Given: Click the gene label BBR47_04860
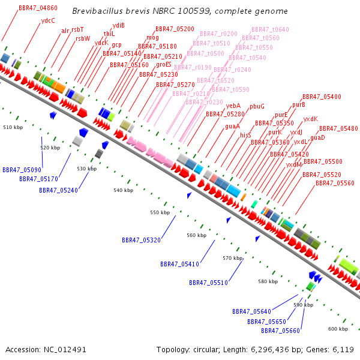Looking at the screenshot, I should point(38,8).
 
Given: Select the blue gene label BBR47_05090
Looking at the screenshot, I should point(22,170).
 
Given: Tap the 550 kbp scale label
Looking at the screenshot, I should point(160,213).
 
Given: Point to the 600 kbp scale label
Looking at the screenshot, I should point(338,329).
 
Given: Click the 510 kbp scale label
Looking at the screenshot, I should point(13,128).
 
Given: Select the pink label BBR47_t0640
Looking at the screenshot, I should point(270,29).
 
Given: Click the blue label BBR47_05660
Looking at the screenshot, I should point(280,331).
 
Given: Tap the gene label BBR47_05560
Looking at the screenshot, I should point(335,183).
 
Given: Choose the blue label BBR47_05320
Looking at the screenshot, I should point(141,240).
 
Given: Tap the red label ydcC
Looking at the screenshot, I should point(48,20).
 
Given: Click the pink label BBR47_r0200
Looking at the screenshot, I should point(218,34).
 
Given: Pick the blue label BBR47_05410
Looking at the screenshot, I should point(179,264).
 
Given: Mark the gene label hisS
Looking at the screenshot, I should point(245,136).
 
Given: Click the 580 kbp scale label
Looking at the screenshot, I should point(268,281).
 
